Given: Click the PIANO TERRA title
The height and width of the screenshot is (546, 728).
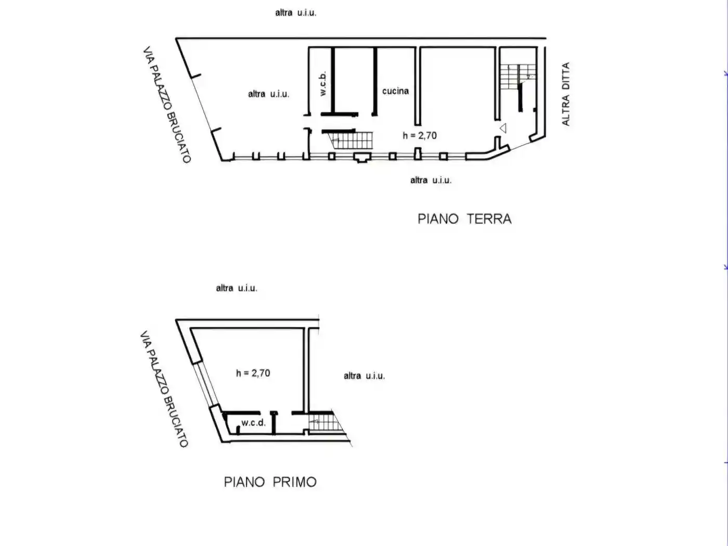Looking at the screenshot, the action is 464,219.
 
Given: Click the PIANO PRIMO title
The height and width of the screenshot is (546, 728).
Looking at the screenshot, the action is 270,482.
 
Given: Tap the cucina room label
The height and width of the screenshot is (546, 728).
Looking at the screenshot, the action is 395,91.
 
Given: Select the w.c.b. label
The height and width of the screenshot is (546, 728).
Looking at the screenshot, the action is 323,84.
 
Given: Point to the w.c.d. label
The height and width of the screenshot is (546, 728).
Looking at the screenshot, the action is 254,423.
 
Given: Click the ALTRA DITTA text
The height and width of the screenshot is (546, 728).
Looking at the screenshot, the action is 566,94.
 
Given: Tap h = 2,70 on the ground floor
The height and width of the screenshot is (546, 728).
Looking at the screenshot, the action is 420,136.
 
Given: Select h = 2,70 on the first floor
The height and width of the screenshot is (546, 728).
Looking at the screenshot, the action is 253,373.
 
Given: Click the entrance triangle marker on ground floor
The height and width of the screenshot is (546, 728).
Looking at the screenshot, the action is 503,128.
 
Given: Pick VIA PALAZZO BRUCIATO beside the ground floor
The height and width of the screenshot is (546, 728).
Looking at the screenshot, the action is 167,105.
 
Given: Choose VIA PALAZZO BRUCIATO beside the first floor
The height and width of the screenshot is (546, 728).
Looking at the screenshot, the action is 164,389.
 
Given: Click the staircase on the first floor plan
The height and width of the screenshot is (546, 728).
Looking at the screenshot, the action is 325,422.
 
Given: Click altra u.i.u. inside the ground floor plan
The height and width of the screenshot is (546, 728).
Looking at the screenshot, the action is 269,94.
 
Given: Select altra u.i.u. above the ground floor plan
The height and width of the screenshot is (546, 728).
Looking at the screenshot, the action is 296,13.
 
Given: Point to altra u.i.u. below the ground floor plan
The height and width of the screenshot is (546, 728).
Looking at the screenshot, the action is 431,180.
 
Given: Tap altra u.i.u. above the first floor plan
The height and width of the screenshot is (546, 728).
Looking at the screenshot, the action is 237,289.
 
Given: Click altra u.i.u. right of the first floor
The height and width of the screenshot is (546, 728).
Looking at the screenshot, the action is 364,376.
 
